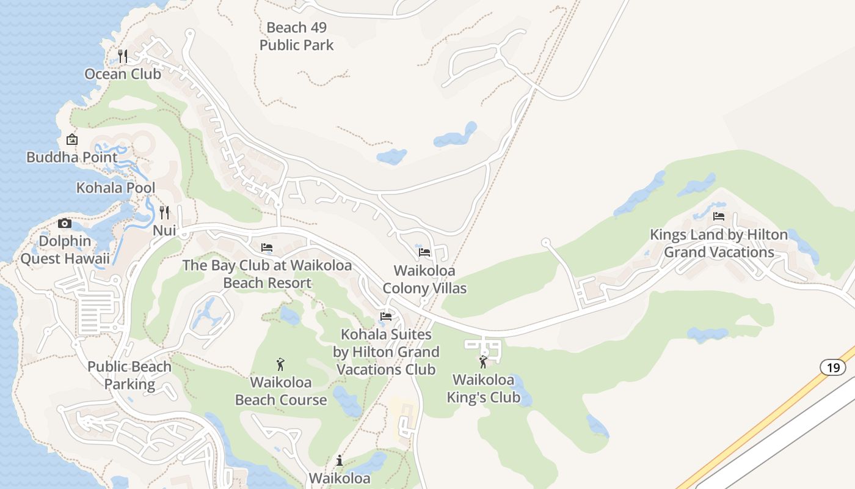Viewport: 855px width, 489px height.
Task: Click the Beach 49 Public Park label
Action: (297, 36)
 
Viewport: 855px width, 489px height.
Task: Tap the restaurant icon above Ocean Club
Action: (123, 56)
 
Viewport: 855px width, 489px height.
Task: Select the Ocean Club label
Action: (123, 74)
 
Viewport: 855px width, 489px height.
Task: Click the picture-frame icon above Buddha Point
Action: (72, 139)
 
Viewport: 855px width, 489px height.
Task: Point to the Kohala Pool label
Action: (115, 188)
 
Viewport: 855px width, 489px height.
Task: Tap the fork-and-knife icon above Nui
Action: (164, 213)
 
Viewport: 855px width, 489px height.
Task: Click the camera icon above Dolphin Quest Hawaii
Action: (65, 223)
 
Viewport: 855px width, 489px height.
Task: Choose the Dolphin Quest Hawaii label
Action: (65, 250)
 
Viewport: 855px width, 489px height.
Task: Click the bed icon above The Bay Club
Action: (267, 248)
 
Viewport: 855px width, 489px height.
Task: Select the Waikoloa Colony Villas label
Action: (424, 279)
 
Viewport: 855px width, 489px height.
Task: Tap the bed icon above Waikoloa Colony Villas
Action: (424, 252)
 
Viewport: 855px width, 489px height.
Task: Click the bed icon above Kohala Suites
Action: (386, 317)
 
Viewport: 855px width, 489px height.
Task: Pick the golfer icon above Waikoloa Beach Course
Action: (280, 364)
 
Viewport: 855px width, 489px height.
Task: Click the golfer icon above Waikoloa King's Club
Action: (483, 362)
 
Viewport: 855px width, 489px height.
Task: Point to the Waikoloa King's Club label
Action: (483, 389)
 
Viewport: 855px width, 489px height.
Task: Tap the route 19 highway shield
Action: (833, 367)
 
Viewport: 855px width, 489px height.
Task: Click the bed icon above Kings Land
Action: (719, 216)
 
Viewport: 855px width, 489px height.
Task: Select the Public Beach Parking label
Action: (129, 375)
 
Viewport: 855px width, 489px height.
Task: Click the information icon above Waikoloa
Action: (340, 460)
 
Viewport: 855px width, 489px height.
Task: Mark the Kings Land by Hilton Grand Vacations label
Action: (719, 243)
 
